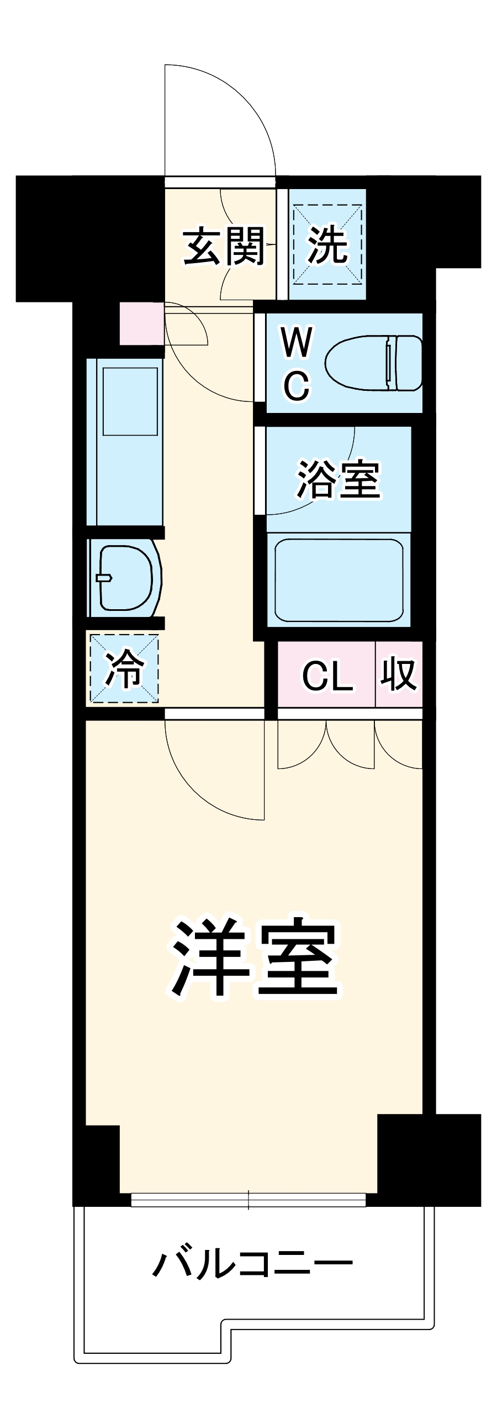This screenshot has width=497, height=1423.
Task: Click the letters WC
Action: coord(297,363)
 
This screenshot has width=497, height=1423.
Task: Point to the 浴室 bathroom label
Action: coord(338,478)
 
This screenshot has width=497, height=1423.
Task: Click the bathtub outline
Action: coord(339,580)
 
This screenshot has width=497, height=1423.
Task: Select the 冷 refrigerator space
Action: coord(124,668)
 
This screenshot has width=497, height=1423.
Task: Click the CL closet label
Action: coord(327,675)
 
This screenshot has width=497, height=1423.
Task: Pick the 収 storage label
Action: coord(398,674)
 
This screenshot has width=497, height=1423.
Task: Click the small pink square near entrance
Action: coord(141,323)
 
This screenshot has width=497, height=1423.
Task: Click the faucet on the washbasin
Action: coord(103,578)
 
